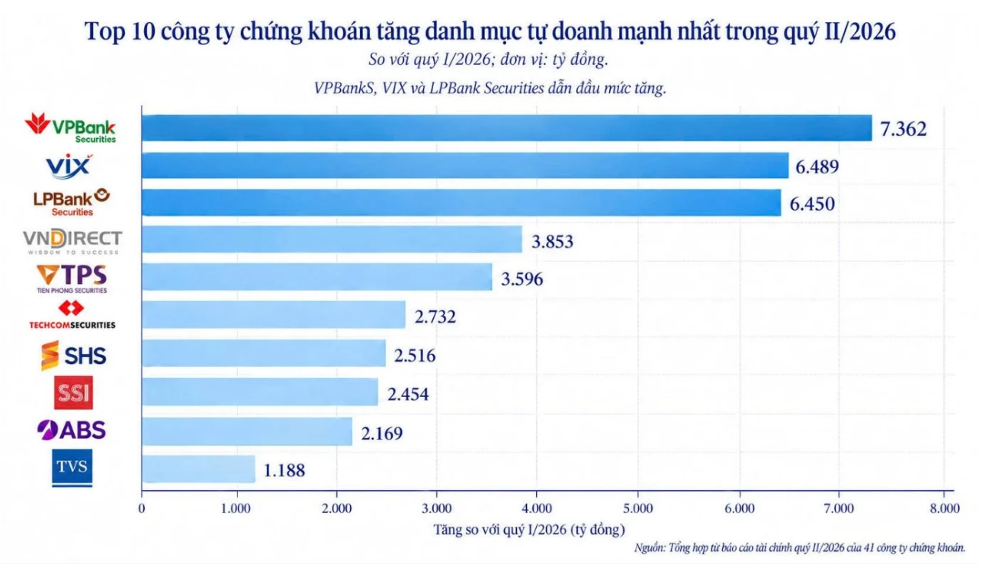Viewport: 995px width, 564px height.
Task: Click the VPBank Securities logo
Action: [x=70, y=128]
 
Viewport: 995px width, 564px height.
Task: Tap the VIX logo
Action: [x=69, y=166]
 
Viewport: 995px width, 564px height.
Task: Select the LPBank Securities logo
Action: [x=72, y=202]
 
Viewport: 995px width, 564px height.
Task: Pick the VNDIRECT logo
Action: [x=72, y=242]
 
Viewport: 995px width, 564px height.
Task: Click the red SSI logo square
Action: [x=74, y=393]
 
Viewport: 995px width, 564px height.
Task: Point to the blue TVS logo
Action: [x=72, y=468]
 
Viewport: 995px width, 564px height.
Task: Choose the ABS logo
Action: [x=72, y=430]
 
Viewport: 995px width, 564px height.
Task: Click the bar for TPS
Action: [x=316, y=277]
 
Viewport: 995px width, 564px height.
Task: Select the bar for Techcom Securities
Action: [x=274, y=314]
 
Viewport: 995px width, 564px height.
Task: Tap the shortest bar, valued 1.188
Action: [x=198, y=469]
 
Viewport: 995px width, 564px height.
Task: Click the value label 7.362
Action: [x=904, y=129]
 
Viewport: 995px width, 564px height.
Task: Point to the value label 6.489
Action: [x=817, y=167]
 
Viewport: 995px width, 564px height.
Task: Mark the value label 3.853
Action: [x=553, y=241]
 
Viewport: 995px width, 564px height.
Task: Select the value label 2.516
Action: [x=415, y=356]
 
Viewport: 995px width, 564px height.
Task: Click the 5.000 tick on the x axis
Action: [x=638, y=508]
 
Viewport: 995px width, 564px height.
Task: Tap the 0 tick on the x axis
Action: [x=142, y=508]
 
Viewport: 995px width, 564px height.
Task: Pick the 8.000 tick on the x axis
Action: [x=945, y=508]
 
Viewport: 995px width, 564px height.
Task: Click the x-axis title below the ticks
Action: [x=529, y=530]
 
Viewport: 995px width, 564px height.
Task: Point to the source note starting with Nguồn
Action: [x=800, y=547]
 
